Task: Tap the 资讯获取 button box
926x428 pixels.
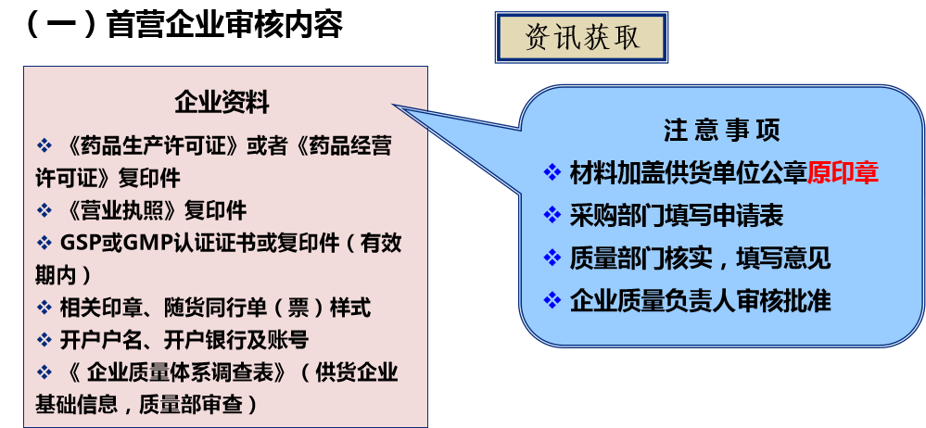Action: (x=582, y=37)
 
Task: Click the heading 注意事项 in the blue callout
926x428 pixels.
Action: (x=721, y=131)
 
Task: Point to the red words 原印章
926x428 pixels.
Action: (x=842, y=173)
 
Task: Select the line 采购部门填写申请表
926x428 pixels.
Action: (x=677, y=216)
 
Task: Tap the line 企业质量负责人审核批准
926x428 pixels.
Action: (x=700, y=300)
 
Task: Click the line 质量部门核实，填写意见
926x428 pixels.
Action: (x=700, y=258)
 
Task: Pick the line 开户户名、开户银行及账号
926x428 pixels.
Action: (x=184, y=339)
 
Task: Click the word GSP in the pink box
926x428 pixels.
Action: (x=79, y=243)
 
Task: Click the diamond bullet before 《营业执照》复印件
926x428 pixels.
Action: (x=44, y=209)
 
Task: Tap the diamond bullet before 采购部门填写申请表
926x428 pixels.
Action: (x=552, y=216)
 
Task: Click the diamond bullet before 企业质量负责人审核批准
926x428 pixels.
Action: (x=552, y=300)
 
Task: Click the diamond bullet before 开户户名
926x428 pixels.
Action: (x=44, y=339)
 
